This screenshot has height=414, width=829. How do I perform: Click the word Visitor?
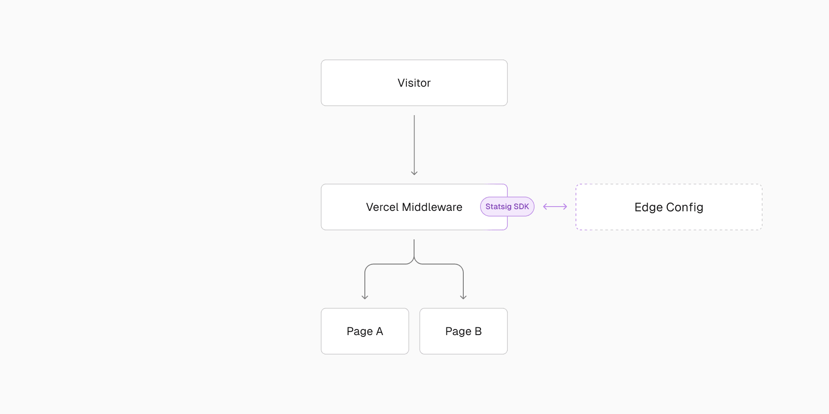click(414, 83)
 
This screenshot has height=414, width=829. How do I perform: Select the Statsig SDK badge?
click(507, 207)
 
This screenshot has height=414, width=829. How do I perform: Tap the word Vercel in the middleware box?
click(382, 207)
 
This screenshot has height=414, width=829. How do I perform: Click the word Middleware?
click(432, 207)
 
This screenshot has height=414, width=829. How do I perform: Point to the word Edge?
click(649, 207)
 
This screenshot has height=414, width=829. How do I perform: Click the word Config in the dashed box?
click(684, 207)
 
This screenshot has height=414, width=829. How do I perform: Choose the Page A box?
click(365, 331)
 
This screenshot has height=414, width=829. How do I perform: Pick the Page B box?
click(463, 331)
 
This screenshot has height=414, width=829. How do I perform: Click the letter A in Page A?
click(380, 331)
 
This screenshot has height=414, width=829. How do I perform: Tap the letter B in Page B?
click(478, 331)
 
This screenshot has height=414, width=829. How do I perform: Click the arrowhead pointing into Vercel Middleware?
click(414, 173)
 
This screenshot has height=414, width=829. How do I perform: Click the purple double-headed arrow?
click(555, 207)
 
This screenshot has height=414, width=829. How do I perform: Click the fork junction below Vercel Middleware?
click(414, 260)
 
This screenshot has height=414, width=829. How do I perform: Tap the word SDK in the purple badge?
click(521, 207)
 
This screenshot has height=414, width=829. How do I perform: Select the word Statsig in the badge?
click(498, 207)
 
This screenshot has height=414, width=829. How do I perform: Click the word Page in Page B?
click(458, 332)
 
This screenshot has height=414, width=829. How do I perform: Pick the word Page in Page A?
click(360, 332)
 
